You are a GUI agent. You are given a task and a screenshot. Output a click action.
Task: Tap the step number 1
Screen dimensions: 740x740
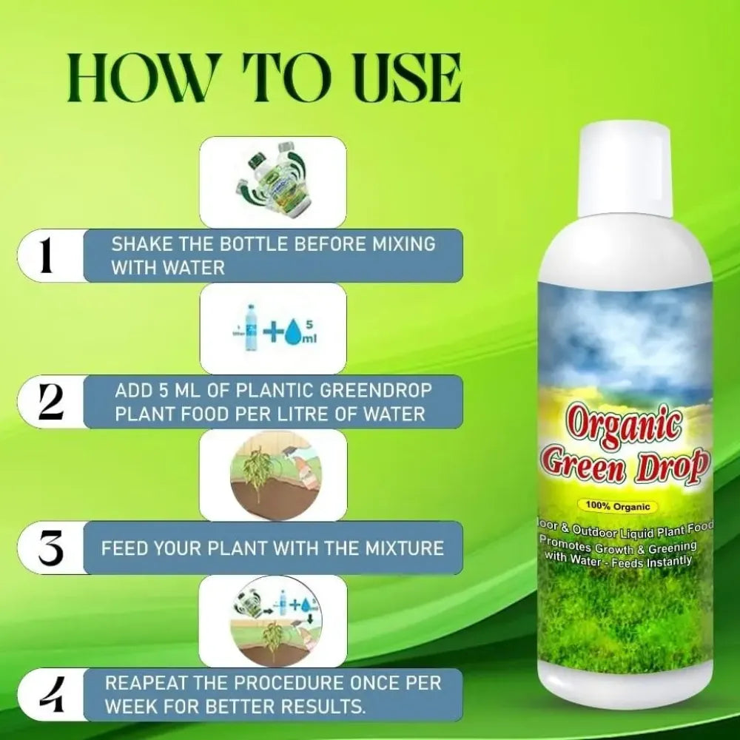pyautogui.click(x=47, y=255)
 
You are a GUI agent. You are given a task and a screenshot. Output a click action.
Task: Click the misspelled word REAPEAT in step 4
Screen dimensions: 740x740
pyautogui.click(x=147, y=683)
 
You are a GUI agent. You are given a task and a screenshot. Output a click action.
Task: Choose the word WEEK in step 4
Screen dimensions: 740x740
pyautogui.click(x=131, y=707)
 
